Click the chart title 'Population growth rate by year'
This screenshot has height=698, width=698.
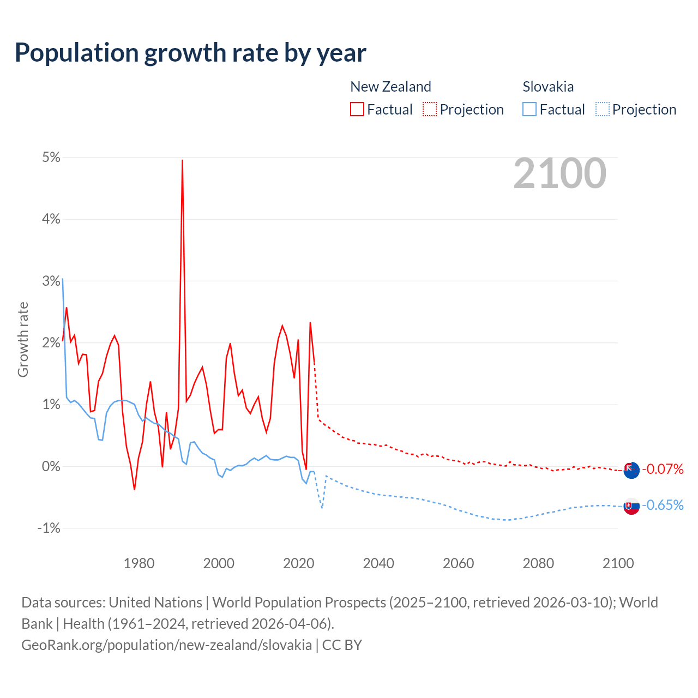click(x=190, y=53)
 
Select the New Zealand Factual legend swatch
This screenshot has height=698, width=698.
click(x=357, y=109)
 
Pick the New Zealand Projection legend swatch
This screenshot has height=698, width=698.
click(x=429, y=109)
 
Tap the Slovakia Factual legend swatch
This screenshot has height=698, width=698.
click(x=529, y=109)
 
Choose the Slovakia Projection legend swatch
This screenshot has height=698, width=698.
click(x=602, y=109)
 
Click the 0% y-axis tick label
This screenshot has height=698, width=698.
click(x=51, y=466)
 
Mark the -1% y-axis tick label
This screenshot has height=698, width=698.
click(x=49, y=528)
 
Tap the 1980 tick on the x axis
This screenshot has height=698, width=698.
click(x=139, y=563)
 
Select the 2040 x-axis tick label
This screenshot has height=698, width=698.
click(x=378, y=563)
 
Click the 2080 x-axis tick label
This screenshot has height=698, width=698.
click(x=538, y=563)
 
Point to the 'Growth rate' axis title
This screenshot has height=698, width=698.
click(x=23, y=339)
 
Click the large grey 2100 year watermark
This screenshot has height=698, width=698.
click(x=559, y=173)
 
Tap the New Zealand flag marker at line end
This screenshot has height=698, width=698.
click(x=631, y=470)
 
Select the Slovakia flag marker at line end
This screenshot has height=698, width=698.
click(x=631, y=506)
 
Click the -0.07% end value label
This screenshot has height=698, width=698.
click(x=663, y=469)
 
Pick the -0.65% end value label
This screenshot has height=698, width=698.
click(x=663, y=506)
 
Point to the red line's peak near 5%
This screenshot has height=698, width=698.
click(x=182, y=160)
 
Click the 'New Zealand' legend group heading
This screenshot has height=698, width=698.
click(x=390, y=87)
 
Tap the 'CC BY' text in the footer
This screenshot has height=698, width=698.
click(x=342, y=645)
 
